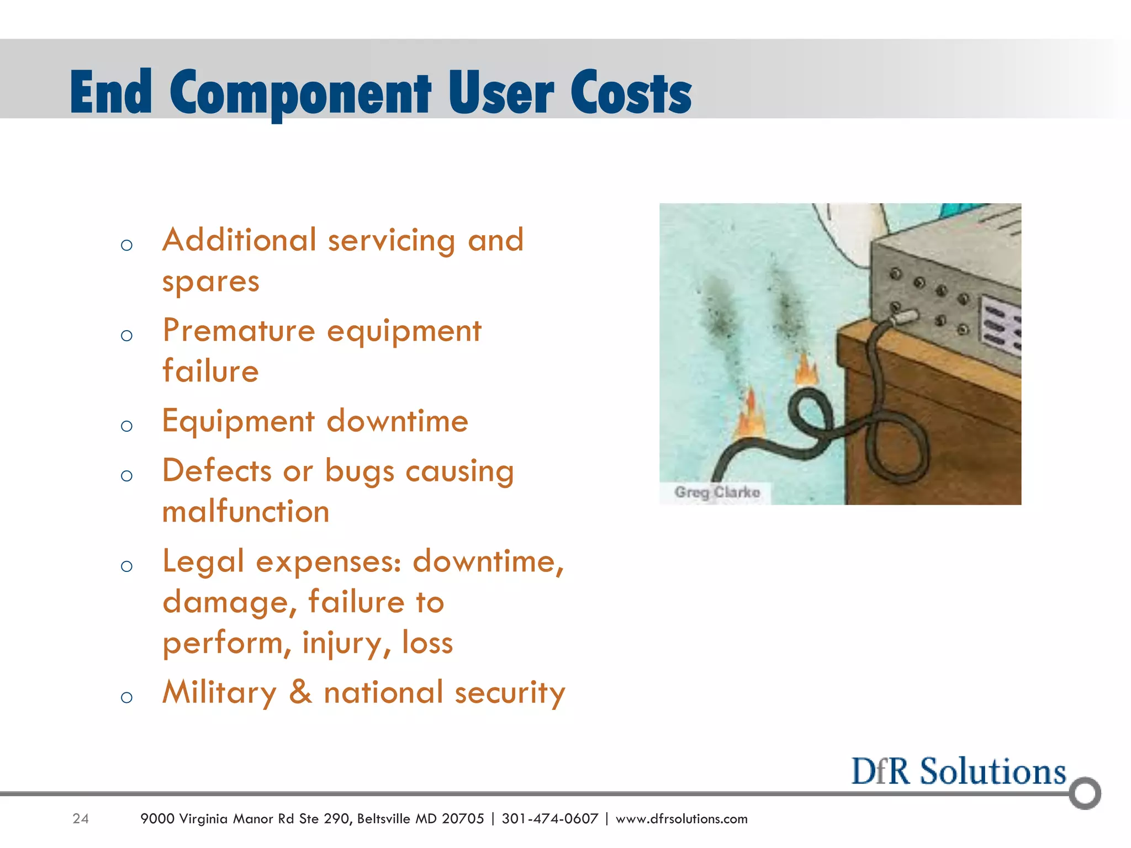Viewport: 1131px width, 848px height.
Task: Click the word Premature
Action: (239, 331)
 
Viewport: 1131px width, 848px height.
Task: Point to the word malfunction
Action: (246, 511)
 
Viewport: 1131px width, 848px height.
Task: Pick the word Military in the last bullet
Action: (220, 692)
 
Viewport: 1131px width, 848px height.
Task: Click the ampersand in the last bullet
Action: (300, 692)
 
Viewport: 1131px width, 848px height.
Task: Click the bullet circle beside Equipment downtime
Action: (126, 426)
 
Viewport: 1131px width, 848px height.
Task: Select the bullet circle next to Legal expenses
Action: (126, 566)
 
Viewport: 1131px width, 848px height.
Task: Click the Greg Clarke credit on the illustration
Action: (717, 492)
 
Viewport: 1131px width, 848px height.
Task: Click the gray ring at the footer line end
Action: (1085, 793)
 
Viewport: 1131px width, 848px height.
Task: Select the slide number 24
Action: (81, 819)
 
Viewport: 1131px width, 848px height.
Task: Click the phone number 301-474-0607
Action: (549, 819)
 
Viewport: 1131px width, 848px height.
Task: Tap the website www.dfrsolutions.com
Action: (681, 819)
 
